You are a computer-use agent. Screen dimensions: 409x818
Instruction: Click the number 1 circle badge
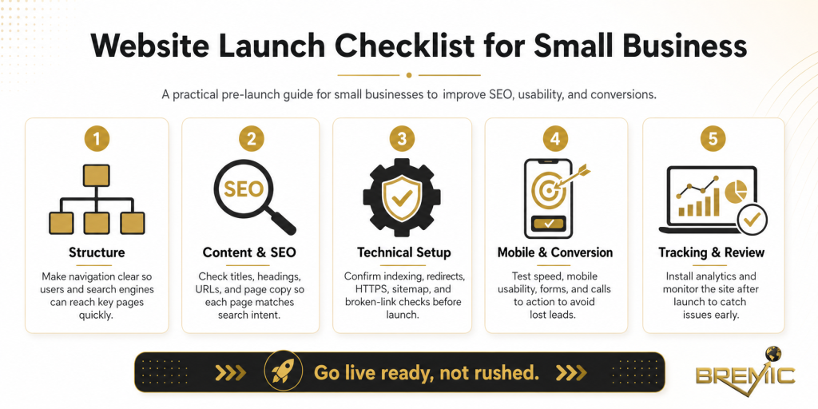point(97,139)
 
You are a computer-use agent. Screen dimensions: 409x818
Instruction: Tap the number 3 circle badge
point(403,139)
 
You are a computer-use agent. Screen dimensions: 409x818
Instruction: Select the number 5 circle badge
point(713,139)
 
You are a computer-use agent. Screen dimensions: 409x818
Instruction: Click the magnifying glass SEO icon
point(249,196)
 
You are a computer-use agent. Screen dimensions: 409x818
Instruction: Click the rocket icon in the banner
point(283,372)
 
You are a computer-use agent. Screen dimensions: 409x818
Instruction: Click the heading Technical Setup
point(403,252)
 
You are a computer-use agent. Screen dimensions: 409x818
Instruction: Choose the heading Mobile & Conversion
point(555,252)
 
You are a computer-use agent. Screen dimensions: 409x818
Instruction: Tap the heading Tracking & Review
point(711,252)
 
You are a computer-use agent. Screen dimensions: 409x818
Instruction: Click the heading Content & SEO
point(249,252)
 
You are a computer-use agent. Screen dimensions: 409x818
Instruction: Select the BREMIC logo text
point(744,375)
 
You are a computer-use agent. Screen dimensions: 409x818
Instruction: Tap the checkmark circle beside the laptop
point(751,218)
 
